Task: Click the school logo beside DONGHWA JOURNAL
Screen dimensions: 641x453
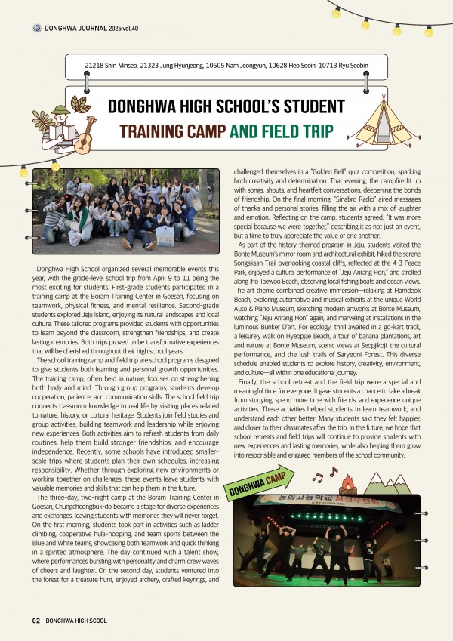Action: (37, 29)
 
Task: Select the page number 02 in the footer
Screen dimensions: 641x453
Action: (35, 621)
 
